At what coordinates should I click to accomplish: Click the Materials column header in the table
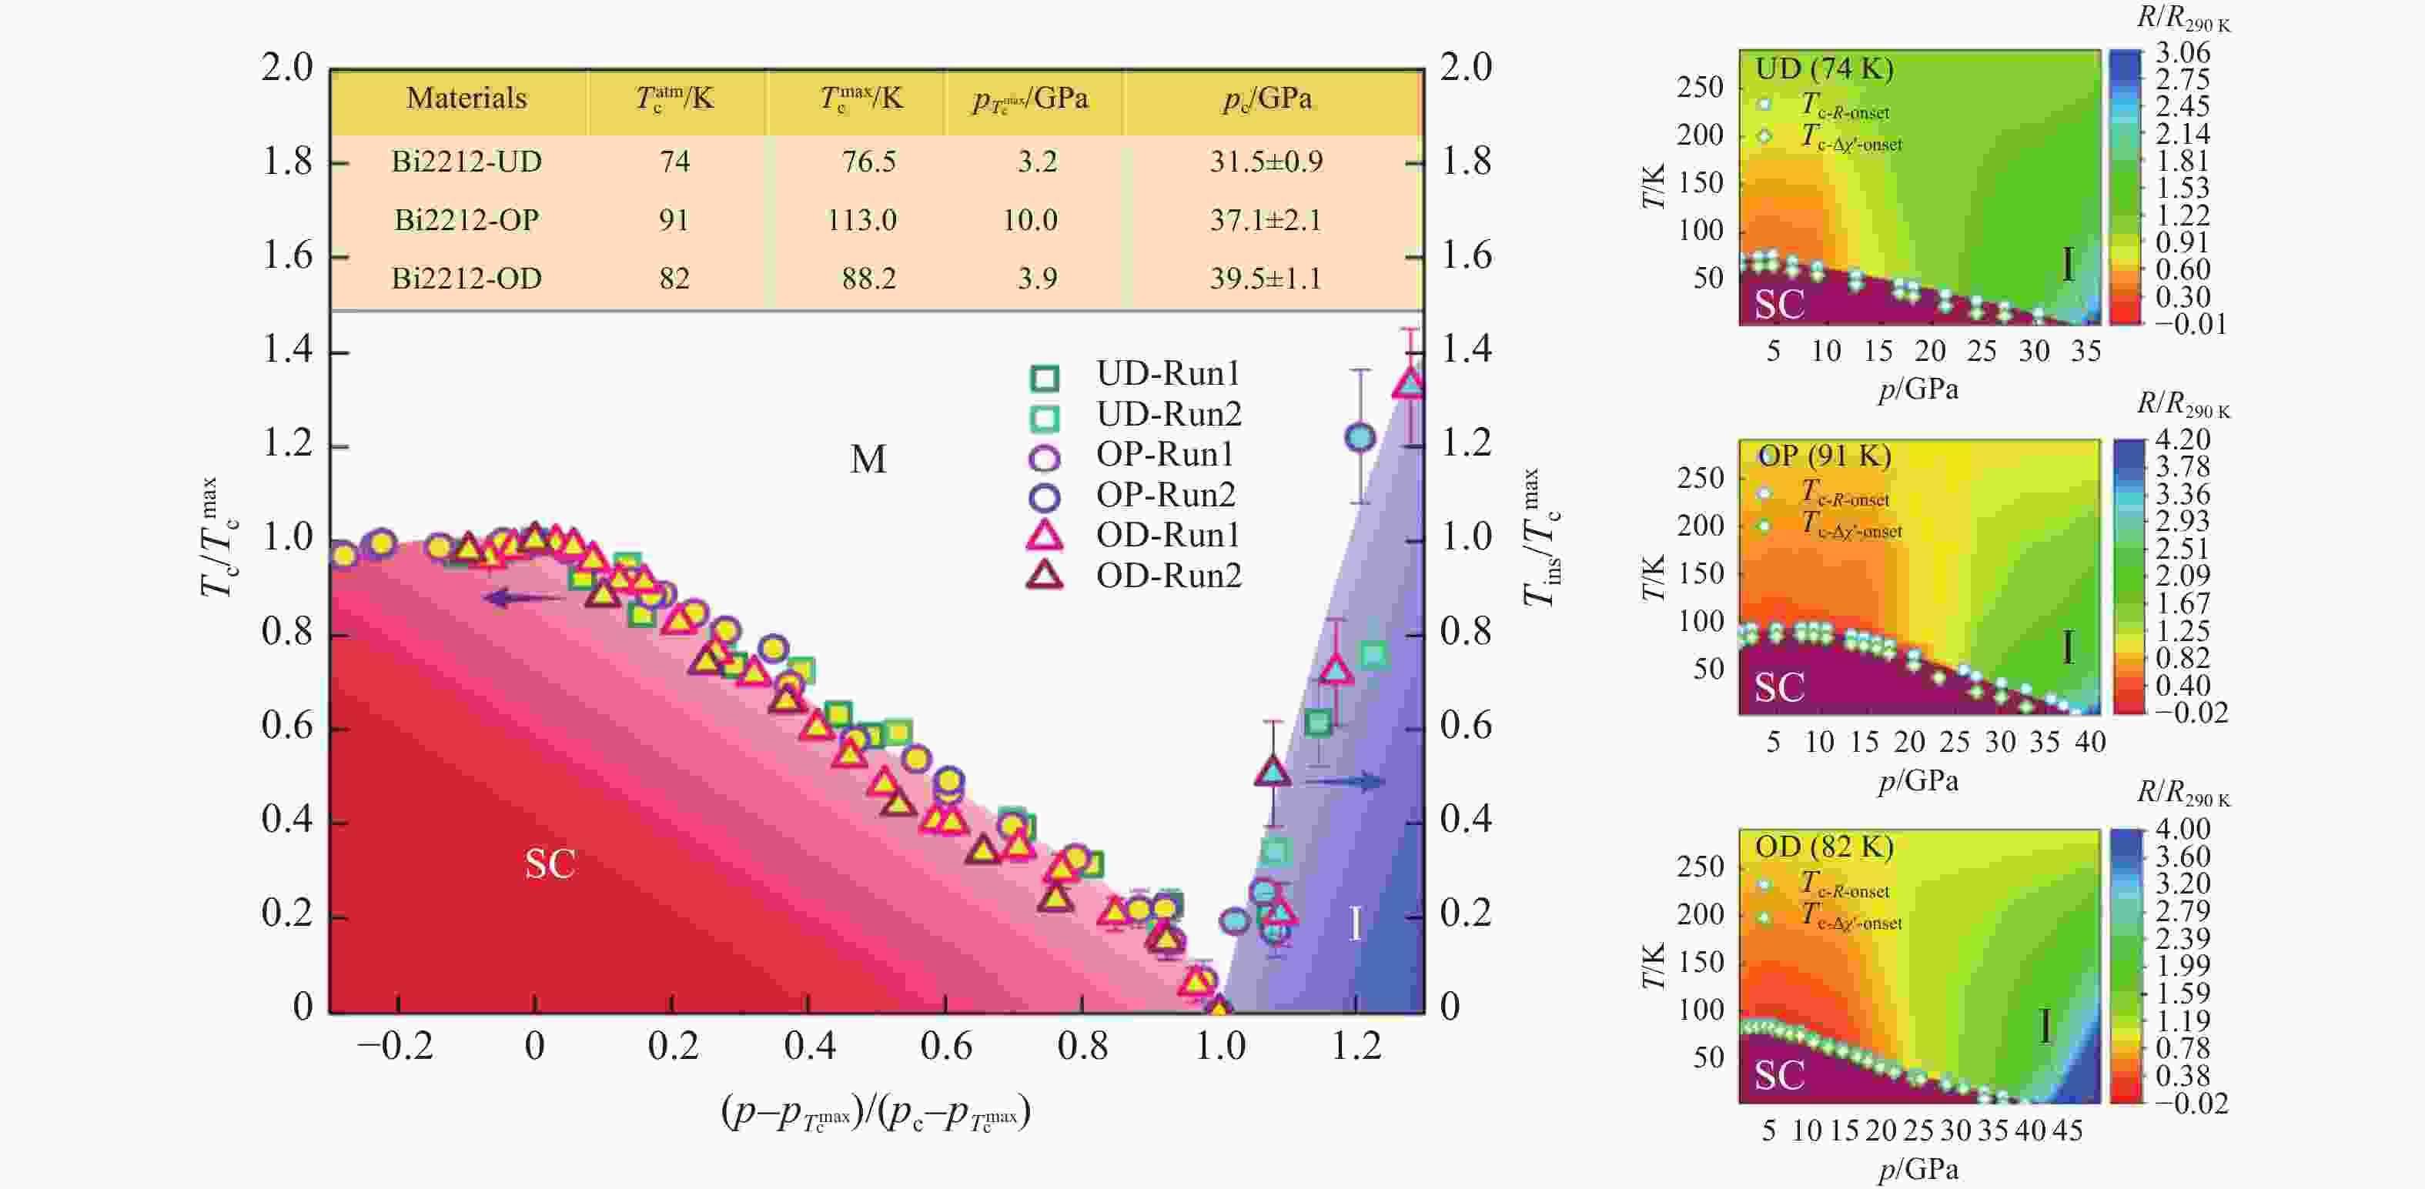coord(466,98)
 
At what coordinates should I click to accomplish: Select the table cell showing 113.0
coord(861,220)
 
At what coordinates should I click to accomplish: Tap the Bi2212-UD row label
coord(466,162)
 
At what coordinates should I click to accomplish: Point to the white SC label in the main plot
coord(550,864)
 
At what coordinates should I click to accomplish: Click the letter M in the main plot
coord(867,459)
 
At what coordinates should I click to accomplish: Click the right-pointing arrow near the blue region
coord(1344,780)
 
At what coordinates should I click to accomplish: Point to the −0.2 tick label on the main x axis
coord(394,1046)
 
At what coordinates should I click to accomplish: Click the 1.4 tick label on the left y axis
coord(287,350)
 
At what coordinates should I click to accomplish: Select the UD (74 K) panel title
coord(1824,68)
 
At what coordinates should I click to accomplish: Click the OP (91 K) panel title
coord(1824,456)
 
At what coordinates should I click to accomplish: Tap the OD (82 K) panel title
coord(1824,847)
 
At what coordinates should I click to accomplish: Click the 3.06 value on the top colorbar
coord(2182,53)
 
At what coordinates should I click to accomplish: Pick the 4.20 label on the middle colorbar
coord(2182,439)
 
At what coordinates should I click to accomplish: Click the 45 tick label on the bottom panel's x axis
coord(2066,1131)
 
